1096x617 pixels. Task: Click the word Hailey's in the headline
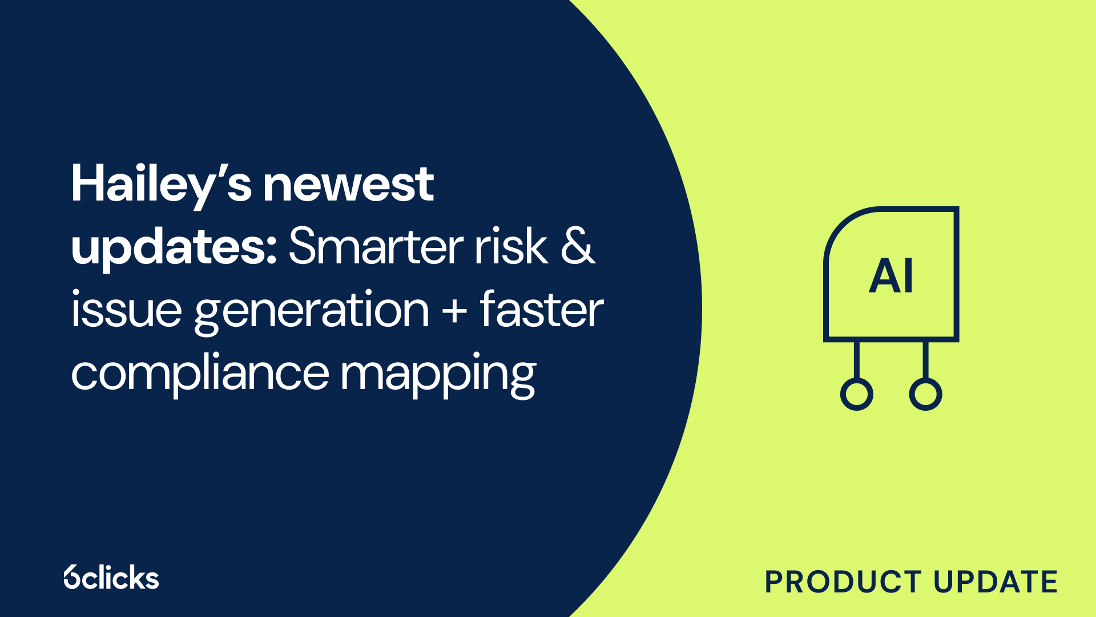click(x=162, y=186)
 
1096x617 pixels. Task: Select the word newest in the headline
click(x=348, y=186)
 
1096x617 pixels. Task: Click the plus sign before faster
click(x=455, y=312)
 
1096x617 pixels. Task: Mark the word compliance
click(x=200, y=374)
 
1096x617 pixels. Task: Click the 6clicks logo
click(x=111, y=577)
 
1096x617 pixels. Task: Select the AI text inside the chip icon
click(x=891, y=276)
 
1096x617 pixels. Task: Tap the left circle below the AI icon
click(x=857, y=394)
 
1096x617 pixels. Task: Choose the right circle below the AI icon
click(x=925, y=394)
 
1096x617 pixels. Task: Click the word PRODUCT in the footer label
click(x=843, y=582)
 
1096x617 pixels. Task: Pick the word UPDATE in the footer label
click(x=996, y=582)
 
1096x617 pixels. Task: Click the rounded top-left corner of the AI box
click(x=840, y=224)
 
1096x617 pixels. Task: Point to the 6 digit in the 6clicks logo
click(x=72, y=577)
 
